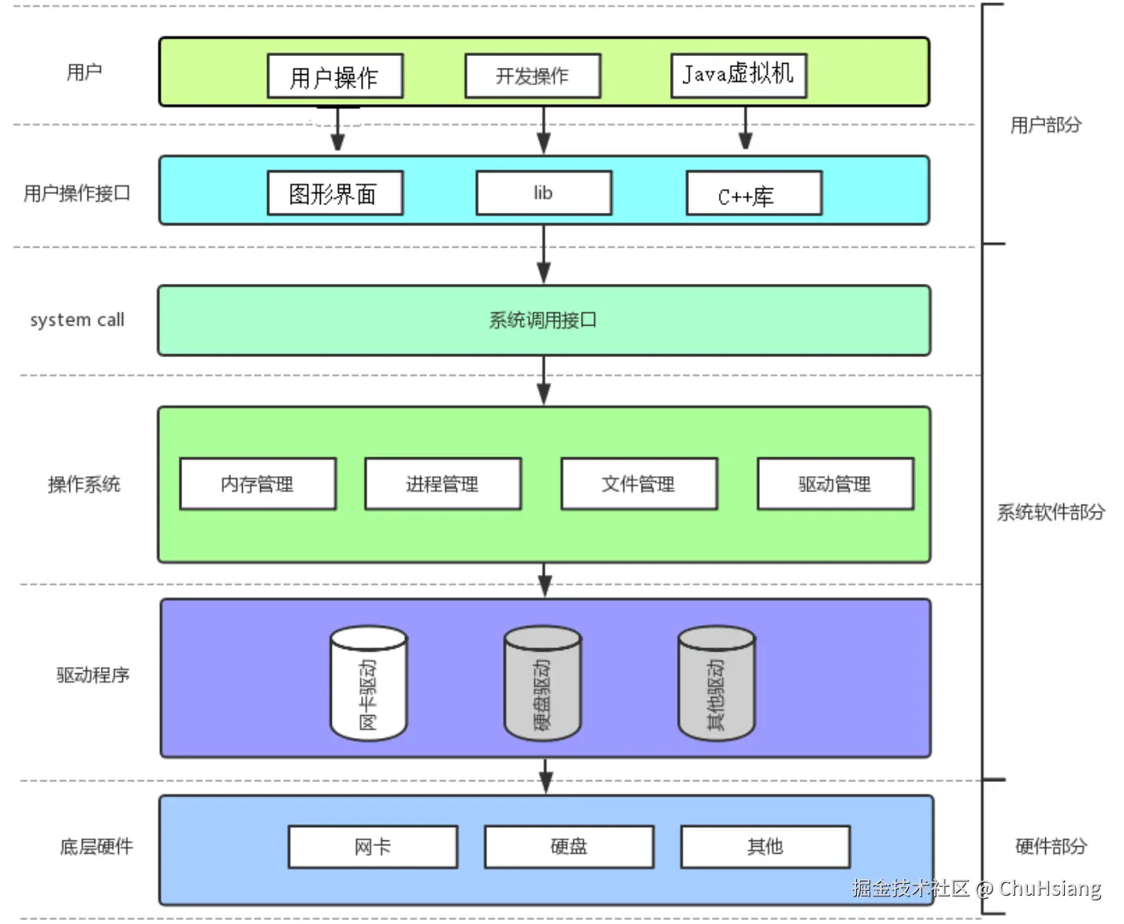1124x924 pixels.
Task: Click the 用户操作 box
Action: point(335,76)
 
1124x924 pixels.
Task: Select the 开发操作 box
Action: point(532,76)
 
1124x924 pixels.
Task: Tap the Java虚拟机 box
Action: point(739,76)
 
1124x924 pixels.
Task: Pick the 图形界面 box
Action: point(335,193)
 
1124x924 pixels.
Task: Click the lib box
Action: point(543,193)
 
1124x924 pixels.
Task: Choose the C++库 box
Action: point(754,194)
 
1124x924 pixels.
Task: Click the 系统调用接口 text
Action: point(543,320)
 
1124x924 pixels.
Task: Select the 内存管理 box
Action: point(258,484)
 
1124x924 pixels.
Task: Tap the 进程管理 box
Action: point(442,484)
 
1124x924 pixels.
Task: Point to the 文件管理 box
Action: point(638,484)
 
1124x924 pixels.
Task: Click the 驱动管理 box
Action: point(835,484)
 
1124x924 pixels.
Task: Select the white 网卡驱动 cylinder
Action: point(368,684)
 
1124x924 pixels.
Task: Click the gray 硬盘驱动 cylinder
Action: point(542,684)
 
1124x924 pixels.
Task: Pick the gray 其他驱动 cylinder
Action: point(716,684)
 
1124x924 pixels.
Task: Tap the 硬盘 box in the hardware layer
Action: point(568,847)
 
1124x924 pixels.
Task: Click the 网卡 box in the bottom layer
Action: point(373,847)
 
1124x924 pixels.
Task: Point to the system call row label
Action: point(77,320)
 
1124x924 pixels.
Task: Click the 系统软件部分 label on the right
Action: point(1051,512)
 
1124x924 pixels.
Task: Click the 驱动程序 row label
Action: point(93,675)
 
